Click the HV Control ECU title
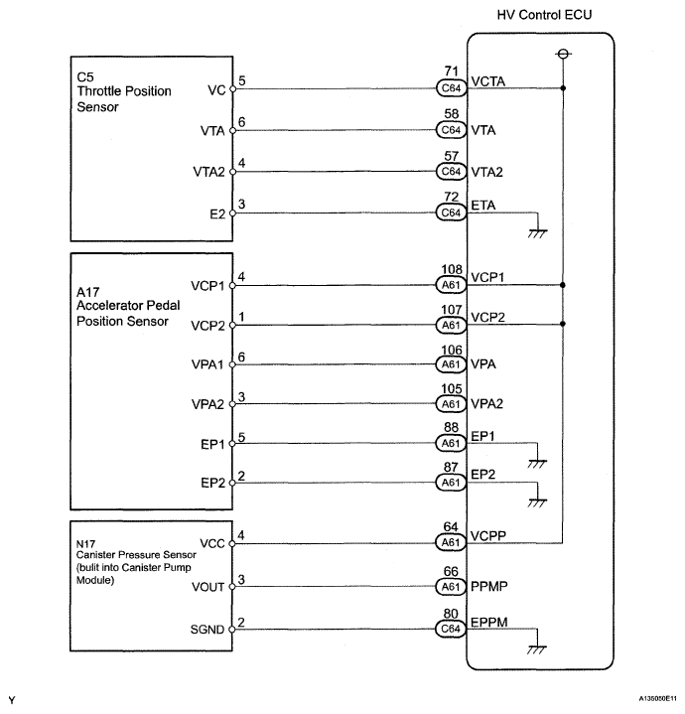click(x=544, y=15)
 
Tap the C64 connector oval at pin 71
click(x=451, y=87)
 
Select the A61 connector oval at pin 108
click(x=451, y=285)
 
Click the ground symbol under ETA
click(x=537, y=233)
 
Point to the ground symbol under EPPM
click(x=537, y=649)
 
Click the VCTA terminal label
click(x=487, y=81)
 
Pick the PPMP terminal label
click(x=488, y=586)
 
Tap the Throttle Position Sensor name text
click(x=124, y=99)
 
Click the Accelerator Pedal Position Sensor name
click(x=128, y=313)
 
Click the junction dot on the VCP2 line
click(x=563, y=324)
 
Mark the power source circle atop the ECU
click(x=564, y=55)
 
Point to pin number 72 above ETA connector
click(x=451, y=197)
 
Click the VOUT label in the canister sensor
click(x=208, y=588)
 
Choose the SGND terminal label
click(x=207, y=630)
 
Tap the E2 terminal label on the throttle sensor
click(x=217, y=214)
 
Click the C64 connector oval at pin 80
click(x=451, y=629)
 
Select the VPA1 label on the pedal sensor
click(x=207, y=364)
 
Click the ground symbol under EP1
click(x=537, y=464)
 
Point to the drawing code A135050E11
click(x=657, y=698)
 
